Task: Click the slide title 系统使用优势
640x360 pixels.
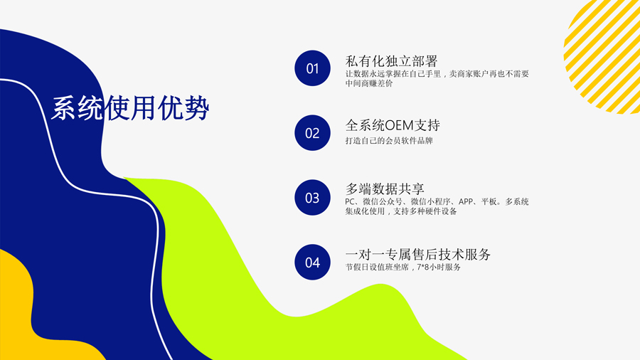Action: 130,108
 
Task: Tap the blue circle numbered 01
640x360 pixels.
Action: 312,68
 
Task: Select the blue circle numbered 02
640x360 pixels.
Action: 312,133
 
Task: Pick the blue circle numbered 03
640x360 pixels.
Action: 312,198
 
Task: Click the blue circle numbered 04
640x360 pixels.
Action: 312,263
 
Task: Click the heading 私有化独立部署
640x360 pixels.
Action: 391,60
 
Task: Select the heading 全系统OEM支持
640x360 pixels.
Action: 393,125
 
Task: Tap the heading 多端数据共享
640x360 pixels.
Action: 385,189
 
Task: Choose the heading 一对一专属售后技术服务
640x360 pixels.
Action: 418,254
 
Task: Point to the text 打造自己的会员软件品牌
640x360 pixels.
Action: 388,141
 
